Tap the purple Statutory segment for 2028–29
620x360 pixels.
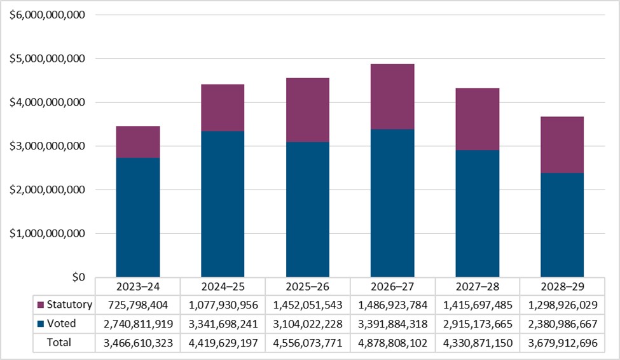[562, 145]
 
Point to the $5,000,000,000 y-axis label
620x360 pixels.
[48, 59]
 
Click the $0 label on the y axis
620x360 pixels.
[78, 277]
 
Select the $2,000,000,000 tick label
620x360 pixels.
[48, 190]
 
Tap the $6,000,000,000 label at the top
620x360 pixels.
[48, 15]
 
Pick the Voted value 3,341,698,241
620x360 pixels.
[223, 324]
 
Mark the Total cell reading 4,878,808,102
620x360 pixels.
[393, 342]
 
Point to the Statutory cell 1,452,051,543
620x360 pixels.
[308, 305]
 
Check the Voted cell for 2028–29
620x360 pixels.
[563, 324]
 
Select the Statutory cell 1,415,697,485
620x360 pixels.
[478, 305]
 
